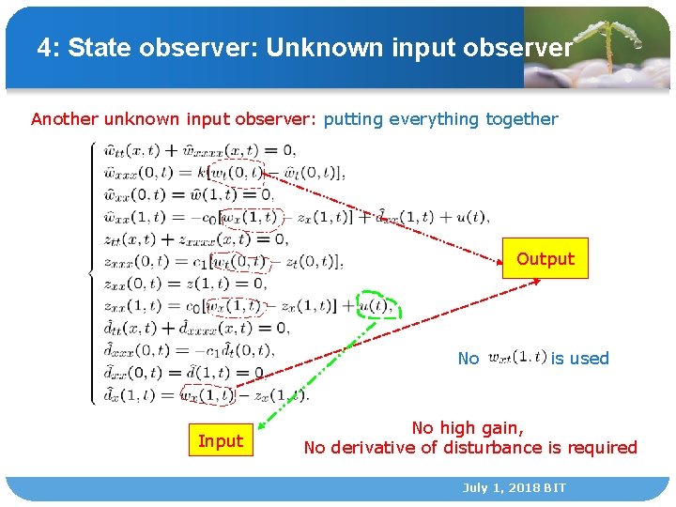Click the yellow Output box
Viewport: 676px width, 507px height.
pyautogui.click(x=545, y=259)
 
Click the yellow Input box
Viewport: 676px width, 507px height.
pyautogui.click(x=221, y=441)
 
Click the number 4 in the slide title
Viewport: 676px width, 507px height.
pyautogui.click(x=44, y=48)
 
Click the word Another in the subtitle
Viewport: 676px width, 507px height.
pyautogui.click(x=66, y=119)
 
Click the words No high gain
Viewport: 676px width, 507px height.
pyautogui.click(x=468, y=428)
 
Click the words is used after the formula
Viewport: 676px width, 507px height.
pyautogui.click(x=579, y=358)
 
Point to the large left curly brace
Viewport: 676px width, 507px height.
pyautogui.click(x=92, y=272)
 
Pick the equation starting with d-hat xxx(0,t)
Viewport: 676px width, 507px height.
pyautogui.click(x=188, y=351)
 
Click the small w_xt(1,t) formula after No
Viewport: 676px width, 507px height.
pyautogui.click(x=516, y=357)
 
